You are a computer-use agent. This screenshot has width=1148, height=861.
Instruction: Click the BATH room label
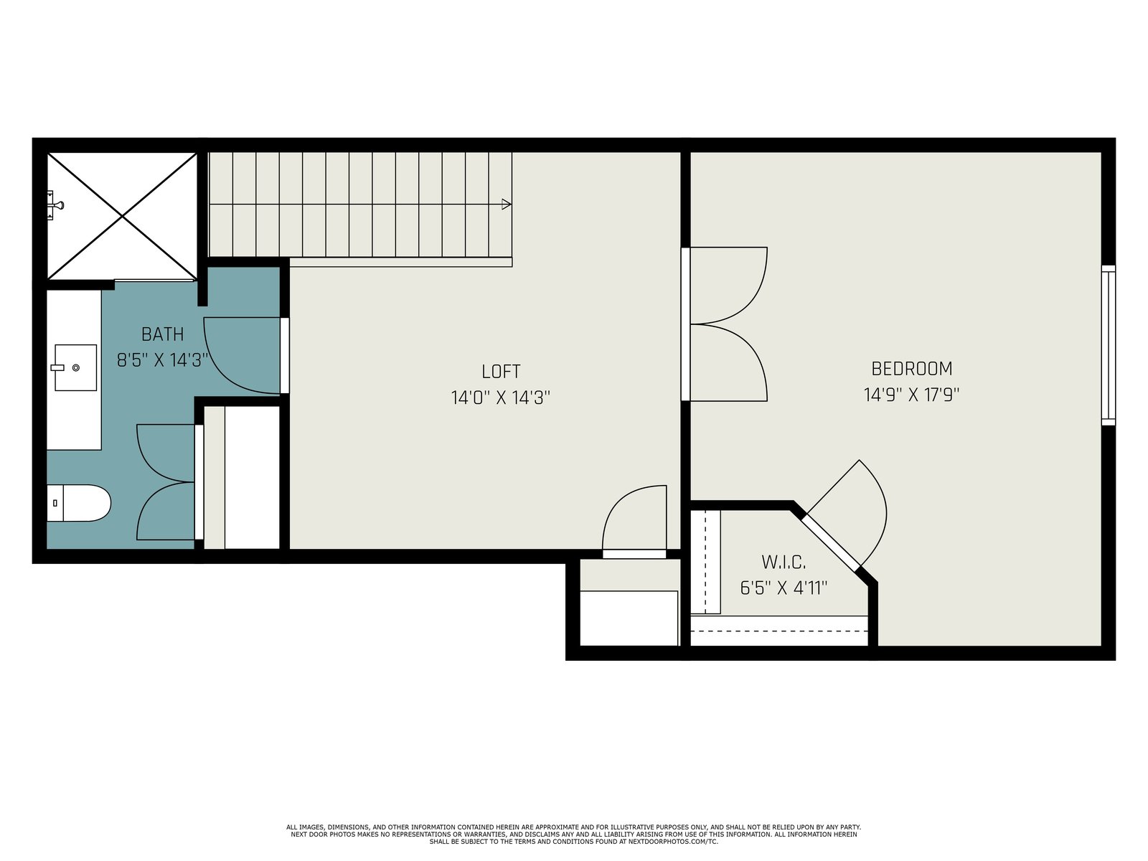click(163, 334)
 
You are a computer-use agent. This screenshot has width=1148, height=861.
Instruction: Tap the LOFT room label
click(501, 372)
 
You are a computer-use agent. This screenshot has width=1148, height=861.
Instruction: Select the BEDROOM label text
click(912, 369)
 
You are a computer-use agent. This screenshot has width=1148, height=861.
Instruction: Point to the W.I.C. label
click(784, 563)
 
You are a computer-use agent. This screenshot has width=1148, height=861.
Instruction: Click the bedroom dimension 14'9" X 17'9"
click(912, 395)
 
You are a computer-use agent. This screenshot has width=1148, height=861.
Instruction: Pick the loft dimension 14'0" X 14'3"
click(501, 397)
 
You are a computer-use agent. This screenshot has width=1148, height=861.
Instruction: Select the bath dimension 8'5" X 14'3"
click(163, 360)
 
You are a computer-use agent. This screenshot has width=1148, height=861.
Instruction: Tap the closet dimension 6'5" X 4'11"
click(784, 588)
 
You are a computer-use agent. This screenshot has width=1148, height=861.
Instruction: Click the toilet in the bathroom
click(79, 503)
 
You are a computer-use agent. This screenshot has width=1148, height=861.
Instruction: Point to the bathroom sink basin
click(76, 367)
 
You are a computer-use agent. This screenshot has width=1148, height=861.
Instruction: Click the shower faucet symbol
click(55, 205)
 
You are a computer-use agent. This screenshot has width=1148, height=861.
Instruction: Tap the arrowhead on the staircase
click(507, 204)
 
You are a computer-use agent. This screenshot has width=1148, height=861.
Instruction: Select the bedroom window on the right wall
click(1109, 345)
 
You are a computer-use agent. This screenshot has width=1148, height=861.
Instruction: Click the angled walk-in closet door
click(831, 542)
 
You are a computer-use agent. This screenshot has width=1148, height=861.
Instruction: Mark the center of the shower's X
click(123, 216)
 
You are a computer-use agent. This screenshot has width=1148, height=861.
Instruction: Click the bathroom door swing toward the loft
click(242, 355)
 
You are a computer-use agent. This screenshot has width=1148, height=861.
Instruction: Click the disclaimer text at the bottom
click(574, 834)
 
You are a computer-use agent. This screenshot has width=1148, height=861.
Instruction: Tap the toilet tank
click(55, 503)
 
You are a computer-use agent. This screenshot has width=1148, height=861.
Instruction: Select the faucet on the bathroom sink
click(57, 367)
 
